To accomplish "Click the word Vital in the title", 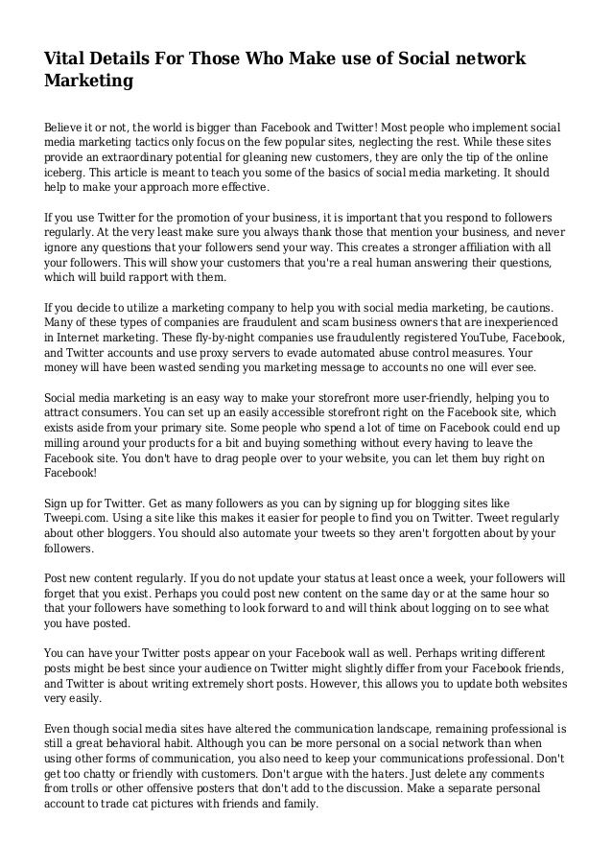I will point(66,59).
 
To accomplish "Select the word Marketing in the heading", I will point(88,82).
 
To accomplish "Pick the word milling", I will point(64,446).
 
